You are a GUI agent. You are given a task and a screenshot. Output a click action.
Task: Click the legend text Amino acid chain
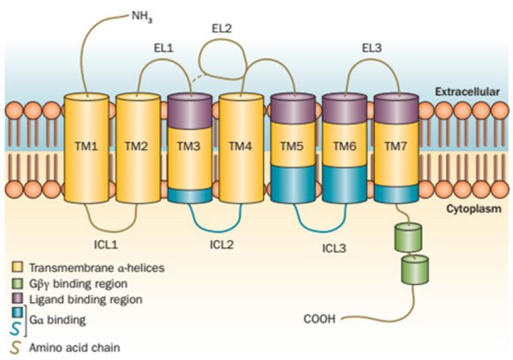click(71, 347)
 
